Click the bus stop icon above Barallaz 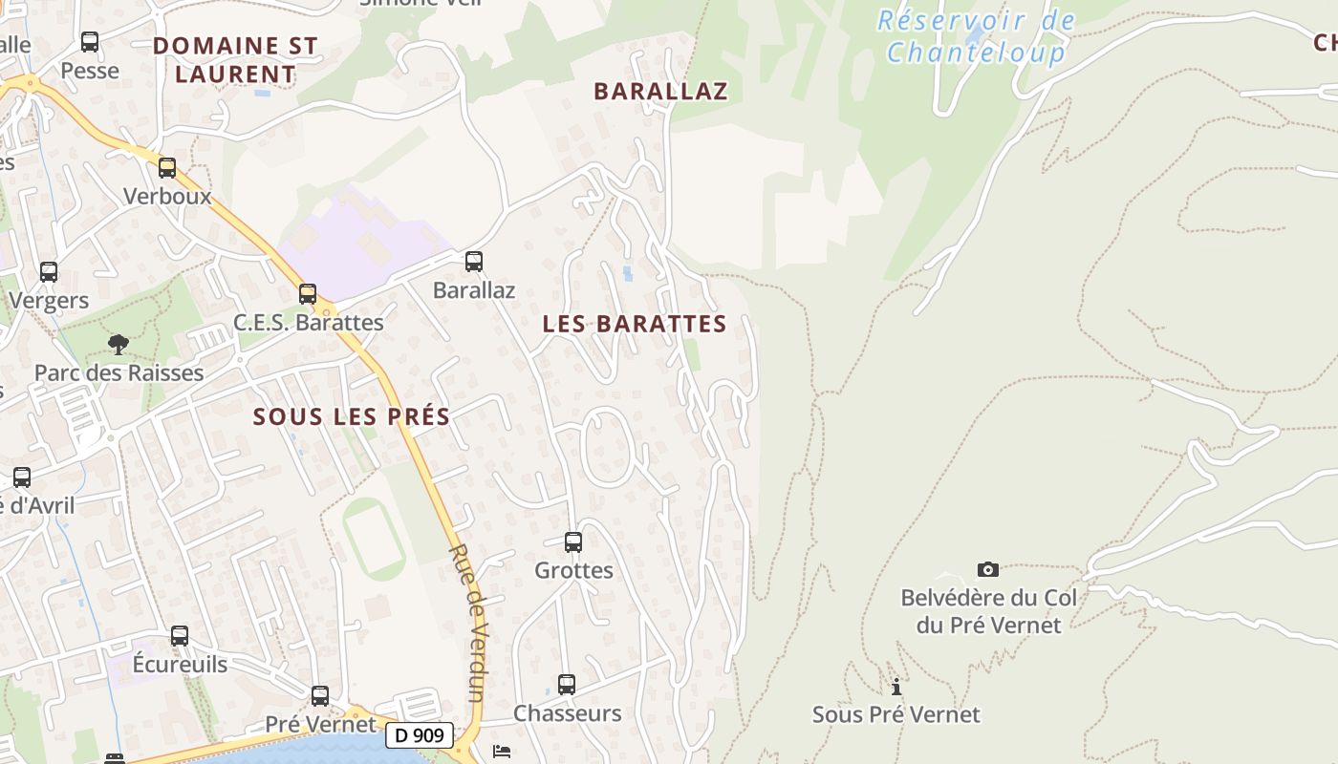click(x=473, y=261)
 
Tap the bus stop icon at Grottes click(x=573, y=542)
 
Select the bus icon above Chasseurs click(x=567, y=685)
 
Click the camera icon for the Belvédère click(x=988, y=570)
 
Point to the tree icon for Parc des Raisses click(x=119, y=344)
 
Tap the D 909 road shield click(x=420, y=735)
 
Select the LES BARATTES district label click(x=635, y=324)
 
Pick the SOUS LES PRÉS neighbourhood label click(x=352, y=416)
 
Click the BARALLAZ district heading click(x=660, y=91)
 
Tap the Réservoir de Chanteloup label click(x=976, y=36)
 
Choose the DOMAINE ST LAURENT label click(x=235, y=59)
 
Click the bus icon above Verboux click(x=167, y=168)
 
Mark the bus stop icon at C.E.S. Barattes click(x=308, y=294)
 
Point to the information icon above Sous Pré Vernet click(x=896, y=687)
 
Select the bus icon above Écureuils click(x=180, y=636)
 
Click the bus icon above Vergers click(x=49, y=272)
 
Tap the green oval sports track click(x=375, y=539)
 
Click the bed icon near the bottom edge click(x=502, y=752)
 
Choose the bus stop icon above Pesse click(x=90, y=42)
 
